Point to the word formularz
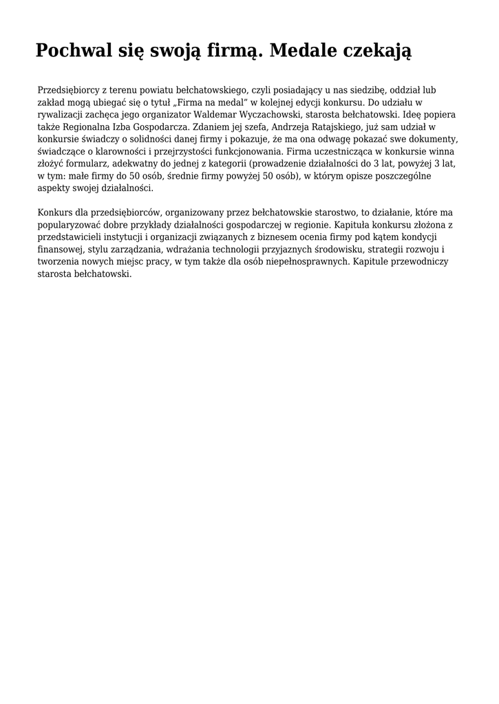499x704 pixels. (85, 164)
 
